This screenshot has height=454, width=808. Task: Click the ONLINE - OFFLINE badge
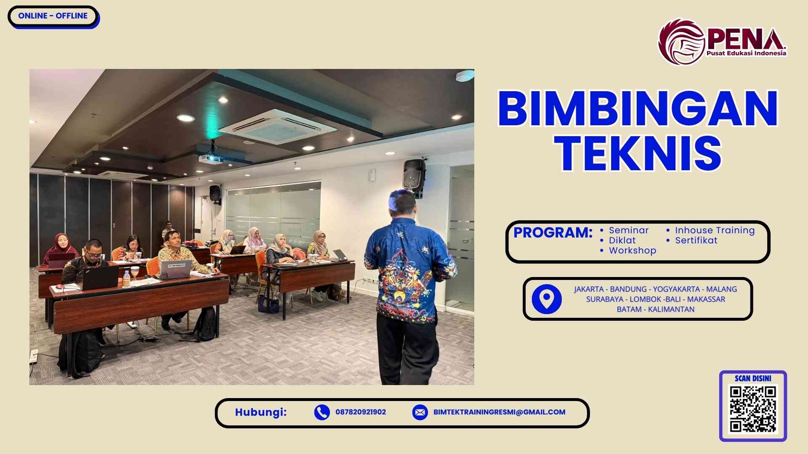tap(53, 16)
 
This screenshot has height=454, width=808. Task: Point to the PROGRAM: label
tap(553, 232)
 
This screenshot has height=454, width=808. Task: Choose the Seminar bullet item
tap(628, 230)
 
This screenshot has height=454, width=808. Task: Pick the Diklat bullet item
tap(622, 240)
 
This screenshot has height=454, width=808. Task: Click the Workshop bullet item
tap(632, 251)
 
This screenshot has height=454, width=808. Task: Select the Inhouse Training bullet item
tap(715, 230)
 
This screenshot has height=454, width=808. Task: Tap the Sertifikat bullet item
tap(696, 240)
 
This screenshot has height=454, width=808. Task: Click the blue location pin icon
tap(547, 299)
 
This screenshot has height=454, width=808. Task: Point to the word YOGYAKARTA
tap(676, 289)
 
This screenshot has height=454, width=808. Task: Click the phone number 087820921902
tap(361, 412)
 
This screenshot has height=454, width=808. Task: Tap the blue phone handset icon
tap(322, 412)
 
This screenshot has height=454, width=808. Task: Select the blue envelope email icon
tap(420, 412)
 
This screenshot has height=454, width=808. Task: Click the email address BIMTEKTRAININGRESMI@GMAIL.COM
tap(499, 412)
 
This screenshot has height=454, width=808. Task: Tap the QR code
tap(753, 409)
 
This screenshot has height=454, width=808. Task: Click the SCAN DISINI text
tap(753, 378)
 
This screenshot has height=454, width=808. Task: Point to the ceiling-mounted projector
tap(210, 158)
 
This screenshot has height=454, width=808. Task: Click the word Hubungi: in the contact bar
tap(260, 412)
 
